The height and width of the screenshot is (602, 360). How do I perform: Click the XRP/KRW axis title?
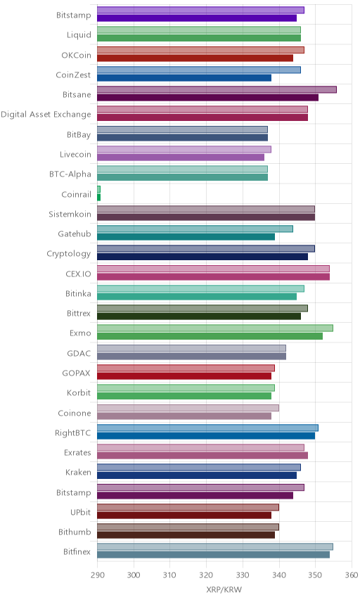click(x=224, y=590)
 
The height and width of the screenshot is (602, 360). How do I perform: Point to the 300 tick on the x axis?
click(x=134, y=575)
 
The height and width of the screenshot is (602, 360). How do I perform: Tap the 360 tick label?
click(x=352, y=575)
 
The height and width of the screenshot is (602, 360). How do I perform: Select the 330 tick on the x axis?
click(x=243, y=575)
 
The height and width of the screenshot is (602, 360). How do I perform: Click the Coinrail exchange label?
click(x=77, y=194)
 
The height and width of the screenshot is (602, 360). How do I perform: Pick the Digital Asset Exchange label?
click(x=46, y=115)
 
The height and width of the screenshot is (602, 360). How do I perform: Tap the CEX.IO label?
click(x=78, y=274)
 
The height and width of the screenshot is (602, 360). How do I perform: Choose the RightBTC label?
click(x=73, y=433)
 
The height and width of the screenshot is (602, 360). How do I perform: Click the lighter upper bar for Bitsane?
click(x=217, y=90)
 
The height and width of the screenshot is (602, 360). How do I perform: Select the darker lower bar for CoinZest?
click(x=184, y=78)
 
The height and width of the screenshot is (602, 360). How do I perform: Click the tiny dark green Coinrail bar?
click(x=98, y=198)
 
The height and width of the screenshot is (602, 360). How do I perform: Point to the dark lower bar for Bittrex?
click(x=199, y=316)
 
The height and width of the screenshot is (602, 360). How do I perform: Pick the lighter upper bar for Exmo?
click(x=215, y=328)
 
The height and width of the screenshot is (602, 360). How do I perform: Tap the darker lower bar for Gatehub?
click(x=186, y=237)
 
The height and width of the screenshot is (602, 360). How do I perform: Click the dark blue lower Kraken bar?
click(x=197, y=475)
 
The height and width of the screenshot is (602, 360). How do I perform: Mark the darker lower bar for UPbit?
click(x=184, y=515)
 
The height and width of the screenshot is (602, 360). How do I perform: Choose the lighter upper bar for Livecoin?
click(x=184, y=149)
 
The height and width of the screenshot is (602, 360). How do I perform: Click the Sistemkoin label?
click(x=70, y=214)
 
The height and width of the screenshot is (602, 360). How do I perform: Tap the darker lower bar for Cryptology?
click(x=202, y=257)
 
